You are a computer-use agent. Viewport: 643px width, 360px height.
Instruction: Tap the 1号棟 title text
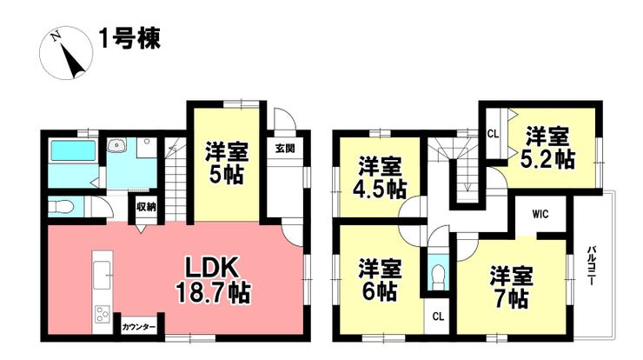tap(129, 39)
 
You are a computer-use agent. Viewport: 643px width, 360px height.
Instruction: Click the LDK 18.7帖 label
tap(214, 279)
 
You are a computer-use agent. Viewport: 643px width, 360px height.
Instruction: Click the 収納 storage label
tap(146, 206)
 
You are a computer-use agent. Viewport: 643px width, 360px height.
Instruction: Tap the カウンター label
tap(139, 327)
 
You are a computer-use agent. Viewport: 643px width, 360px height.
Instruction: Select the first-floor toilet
tap(62, 207)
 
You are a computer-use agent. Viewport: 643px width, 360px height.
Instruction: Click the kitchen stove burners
tap(101, 314)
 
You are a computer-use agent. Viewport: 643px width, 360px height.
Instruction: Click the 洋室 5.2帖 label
tap(550, 148)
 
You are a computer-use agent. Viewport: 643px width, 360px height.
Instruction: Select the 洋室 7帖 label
tap(510, 288)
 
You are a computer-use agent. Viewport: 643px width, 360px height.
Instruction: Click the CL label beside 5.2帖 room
tap(493, 133)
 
